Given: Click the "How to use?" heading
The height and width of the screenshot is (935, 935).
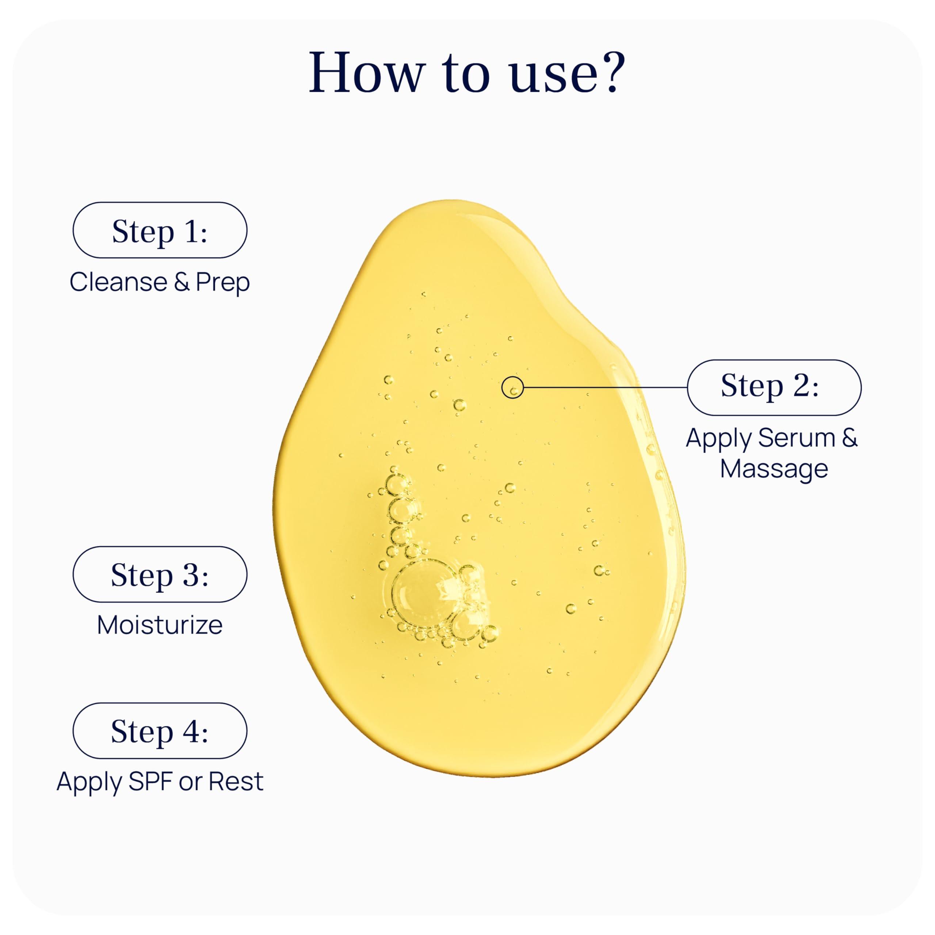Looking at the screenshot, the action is tap(467, 73).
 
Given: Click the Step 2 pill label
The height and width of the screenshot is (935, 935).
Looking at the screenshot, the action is tap(774, 388).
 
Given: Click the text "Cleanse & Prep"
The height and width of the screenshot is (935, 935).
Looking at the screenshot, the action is tap(160, 282).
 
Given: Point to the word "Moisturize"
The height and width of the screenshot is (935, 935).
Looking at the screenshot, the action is tap(160, 625).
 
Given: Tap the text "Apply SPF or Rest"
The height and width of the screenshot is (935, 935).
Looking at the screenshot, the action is tap(160, 782).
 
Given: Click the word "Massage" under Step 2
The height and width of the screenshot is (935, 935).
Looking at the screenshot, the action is tap(774, 469).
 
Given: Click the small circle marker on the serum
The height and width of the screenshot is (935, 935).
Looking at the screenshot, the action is tap(512, 388).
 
